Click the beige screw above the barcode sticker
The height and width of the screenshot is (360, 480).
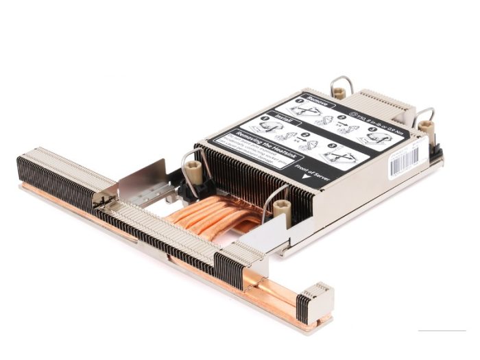click(x=427, y=127)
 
